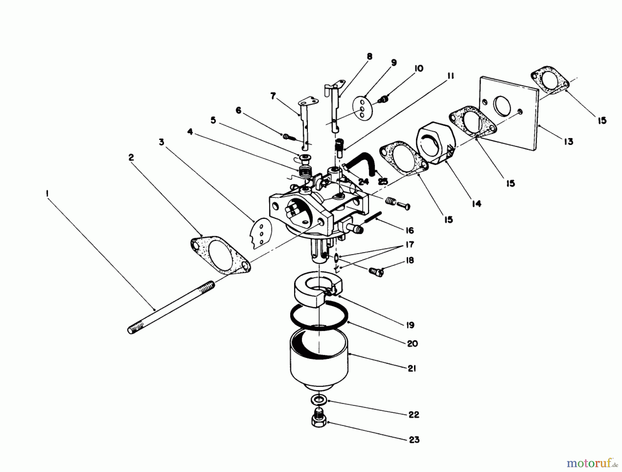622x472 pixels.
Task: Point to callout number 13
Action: click(568, 141)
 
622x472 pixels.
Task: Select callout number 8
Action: click(369, 56)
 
